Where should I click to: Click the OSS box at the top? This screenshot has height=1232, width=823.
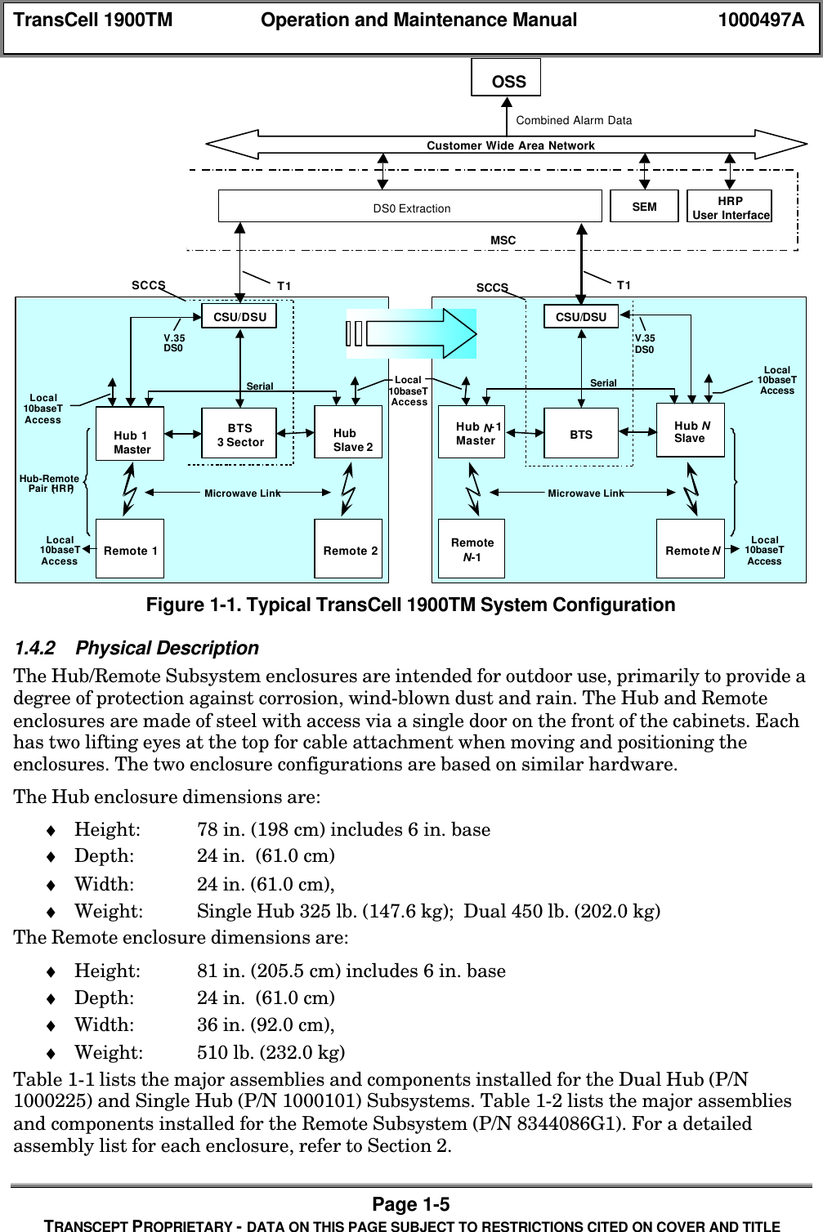[x=506, y=78]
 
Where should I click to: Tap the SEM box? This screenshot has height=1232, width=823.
[x=644, y=207]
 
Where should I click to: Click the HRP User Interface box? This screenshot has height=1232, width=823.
[x=730, y=207]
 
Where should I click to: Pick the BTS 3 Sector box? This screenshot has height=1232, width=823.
[x=239, y=435]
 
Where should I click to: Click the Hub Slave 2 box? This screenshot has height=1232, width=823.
[x=348, y=433]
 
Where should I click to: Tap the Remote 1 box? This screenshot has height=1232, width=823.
[x=130, y=549]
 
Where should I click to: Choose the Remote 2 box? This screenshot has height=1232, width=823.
[x=348, y=549]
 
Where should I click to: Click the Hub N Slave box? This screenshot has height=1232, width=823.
[x=691, y=431]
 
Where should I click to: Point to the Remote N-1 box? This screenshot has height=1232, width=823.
[x=472, y=549]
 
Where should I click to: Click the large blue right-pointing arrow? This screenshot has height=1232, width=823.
[x=412, y=333]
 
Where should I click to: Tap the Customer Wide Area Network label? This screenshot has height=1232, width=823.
[x=510, y=145]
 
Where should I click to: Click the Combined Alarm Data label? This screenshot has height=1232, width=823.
[x=574, y=120]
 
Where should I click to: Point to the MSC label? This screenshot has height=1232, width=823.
[x=503, y=240]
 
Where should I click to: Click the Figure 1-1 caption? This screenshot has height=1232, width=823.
[x=410, y=605]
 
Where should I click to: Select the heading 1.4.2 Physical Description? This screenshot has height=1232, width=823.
[x=136, y=648]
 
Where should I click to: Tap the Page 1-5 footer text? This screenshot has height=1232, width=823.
[x=410, y=1204]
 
